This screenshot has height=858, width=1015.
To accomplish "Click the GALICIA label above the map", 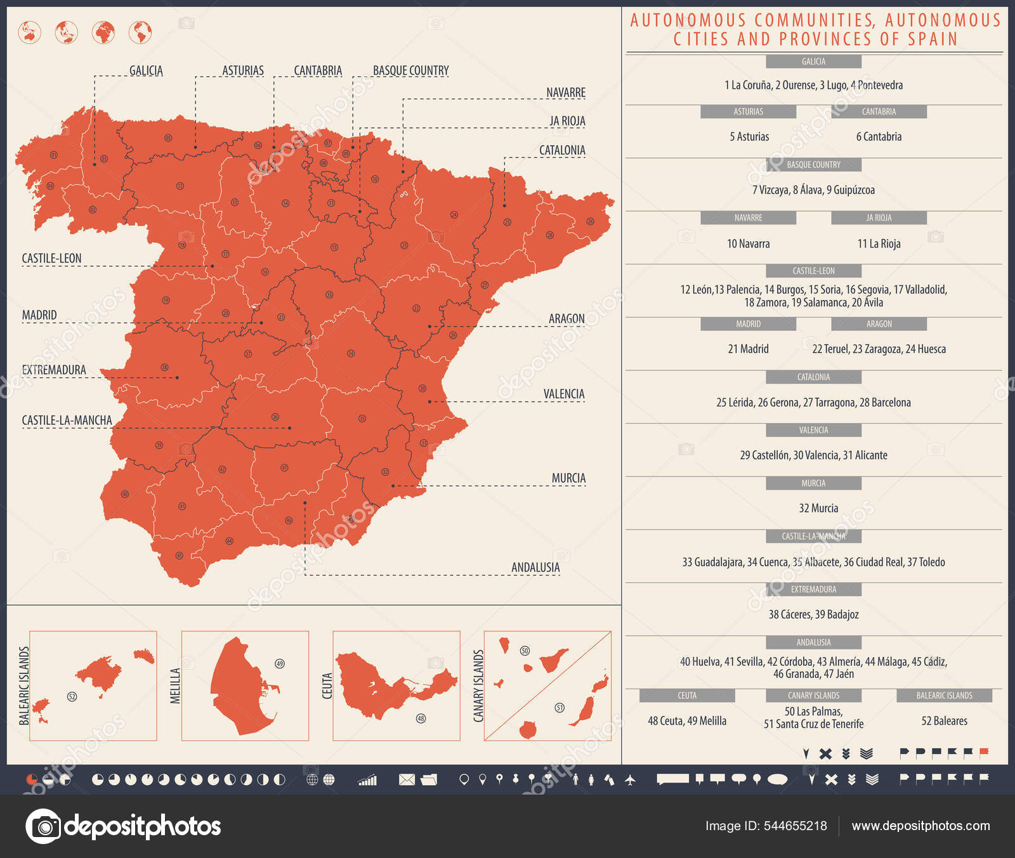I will [x=146, y=70].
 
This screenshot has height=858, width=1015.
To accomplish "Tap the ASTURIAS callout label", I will [x=242, y=70].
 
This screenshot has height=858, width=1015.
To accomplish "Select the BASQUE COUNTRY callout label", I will [x=410, y=70].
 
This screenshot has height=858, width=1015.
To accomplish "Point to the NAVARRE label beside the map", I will [x=566, y=93].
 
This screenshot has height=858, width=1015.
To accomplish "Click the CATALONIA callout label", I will [x=562, y=150].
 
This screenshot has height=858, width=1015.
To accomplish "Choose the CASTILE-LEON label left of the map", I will [x=51, y=258].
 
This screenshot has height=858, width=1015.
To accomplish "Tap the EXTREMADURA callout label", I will [x=54, y=370].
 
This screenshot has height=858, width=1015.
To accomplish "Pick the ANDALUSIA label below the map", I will [x=535, y=568].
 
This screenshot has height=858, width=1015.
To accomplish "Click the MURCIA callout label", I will [x=568, y=478].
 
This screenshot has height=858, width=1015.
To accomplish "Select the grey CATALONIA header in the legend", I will [x=813, y=377].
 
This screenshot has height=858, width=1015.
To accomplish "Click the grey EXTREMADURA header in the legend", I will [x=813, y=590].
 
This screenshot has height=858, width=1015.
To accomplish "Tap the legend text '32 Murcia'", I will [x=818, y=508].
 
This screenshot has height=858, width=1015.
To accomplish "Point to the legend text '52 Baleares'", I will [x=944, y=721].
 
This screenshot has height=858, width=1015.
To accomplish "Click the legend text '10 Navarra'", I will [x=748, y=244].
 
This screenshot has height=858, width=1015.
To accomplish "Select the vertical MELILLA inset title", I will [x=176, y=686].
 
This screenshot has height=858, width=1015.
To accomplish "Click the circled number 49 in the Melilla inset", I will [x=280, y=663].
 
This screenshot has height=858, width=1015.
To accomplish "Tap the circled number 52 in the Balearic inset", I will [x=72, y=696].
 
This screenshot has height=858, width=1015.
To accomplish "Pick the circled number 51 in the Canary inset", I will [x=560, y=708].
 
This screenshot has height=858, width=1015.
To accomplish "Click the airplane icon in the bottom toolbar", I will [x=630, y=779].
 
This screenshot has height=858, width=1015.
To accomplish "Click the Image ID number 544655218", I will [x=795, y=826].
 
